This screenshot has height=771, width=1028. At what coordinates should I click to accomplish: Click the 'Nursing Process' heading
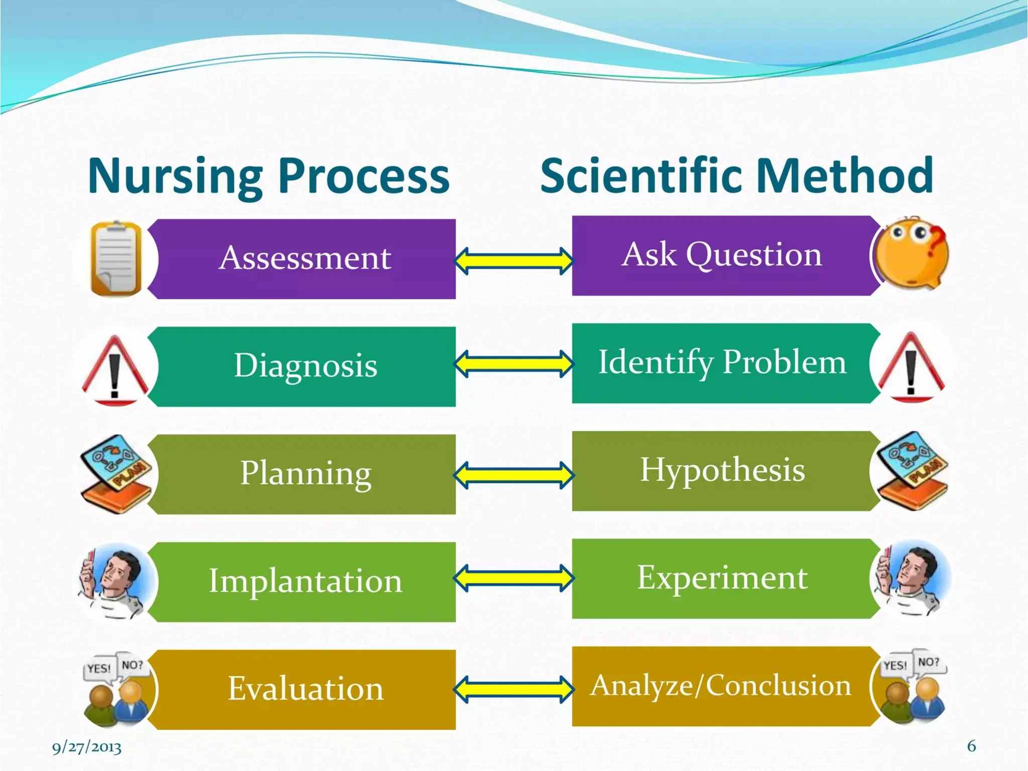click(x=269, y=176)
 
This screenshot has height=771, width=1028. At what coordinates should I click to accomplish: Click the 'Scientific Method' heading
click(x=736, y=176)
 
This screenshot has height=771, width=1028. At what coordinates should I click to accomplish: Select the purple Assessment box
click(x=305, y=259)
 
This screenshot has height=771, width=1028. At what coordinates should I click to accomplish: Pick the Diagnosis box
click(x=305, y=366)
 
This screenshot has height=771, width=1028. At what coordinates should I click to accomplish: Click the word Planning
click(x=305, y=473)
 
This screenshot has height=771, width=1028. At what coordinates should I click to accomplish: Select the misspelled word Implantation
click(x=305, y=581)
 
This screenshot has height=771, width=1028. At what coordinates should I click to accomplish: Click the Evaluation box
click(x=305, y=689)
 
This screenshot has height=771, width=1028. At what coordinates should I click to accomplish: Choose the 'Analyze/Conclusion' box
click(x=721, y=686)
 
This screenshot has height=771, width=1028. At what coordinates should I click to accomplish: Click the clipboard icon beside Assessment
click(x=115, y=259)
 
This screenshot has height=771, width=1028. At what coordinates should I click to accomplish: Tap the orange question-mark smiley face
click(x=911, y=253)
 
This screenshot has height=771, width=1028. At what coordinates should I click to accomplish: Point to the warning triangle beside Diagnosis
click(x=115, y=369)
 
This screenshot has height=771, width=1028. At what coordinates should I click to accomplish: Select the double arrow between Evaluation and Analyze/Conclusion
click(x=513, y=690)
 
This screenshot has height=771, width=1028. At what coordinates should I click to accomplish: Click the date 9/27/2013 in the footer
click(x=87, y=747)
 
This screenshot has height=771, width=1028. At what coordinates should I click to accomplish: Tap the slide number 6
click(x=971, y=746)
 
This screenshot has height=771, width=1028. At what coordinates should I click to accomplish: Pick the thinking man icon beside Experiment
click(x=910, y=578)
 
